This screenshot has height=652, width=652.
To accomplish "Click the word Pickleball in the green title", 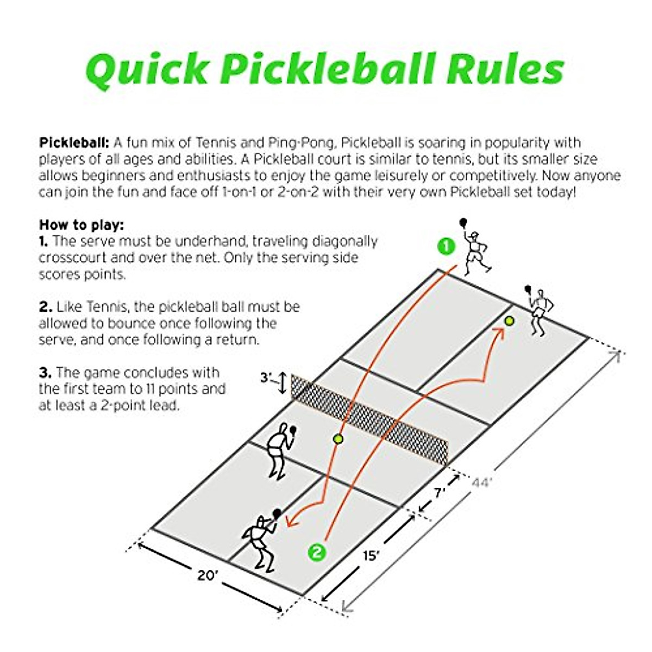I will pos(330,70).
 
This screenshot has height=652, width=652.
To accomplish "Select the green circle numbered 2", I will pos(317,553).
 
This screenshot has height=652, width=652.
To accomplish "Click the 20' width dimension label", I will pos(207,575).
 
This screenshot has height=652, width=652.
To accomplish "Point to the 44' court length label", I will pos(481,482).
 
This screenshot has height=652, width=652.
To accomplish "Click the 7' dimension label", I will pos(439,492).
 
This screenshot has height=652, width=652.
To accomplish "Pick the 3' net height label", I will pos(266,377).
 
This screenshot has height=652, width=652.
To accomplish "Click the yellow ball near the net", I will pos(338,438).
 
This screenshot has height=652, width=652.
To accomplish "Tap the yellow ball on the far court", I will pos(509,321).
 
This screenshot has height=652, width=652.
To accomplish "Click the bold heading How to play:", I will pos(81,224).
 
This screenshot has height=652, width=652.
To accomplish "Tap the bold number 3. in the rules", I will pos(45,373).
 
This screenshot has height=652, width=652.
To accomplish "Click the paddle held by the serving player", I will pos(462,222).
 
